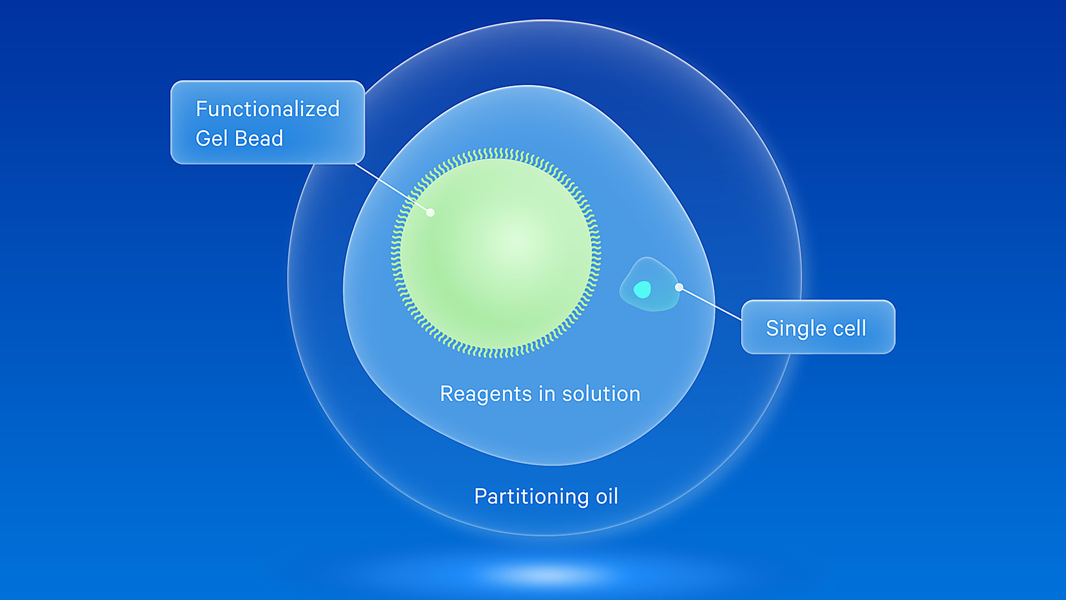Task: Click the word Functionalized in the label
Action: tap(267, 109)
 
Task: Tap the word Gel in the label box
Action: tap(212, 138)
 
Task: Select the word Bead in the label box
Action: tap(259, 138)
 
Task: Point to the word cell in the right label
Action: tap(849, 328)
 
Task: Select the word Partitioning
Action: tap(531, 496)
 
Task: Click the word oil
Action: tap(607, 496)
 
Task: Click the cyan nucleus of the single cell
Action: tap(642, 289)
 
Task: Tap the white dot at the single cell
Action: tap(679, 287)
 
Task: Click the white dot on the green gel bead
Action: tap(430, 212)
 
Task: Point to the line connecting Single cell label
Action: tap(711, 304)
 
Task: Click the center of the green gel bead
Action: tap(496, 253)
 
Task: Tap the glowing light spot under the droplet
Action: tap(547, 575)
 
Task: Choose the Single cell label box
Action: tap(818, 327)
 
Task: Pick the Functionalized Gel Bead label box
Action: tap(267, 122)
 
